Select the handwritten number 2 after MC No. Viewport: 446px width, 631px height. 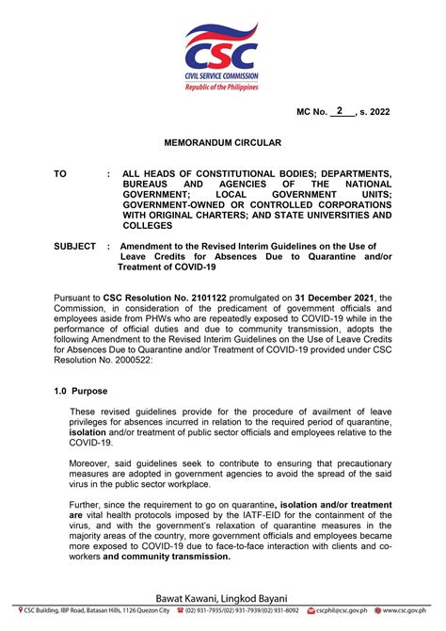(x=339, y=110)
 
